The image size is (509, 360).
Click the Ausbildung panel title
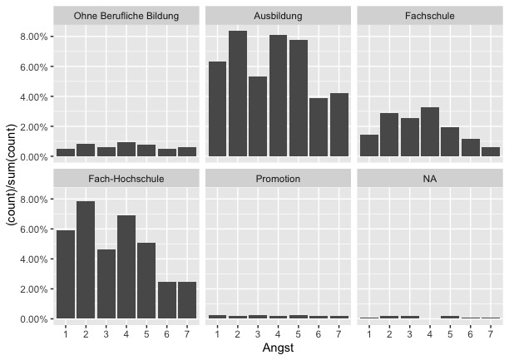[279, 16]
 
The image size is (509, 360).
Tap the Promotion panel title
[279, 178]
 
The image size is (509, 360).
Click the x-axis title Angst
[278, 348]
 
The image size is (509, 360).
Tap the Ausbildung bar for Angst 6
[319, 126]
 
